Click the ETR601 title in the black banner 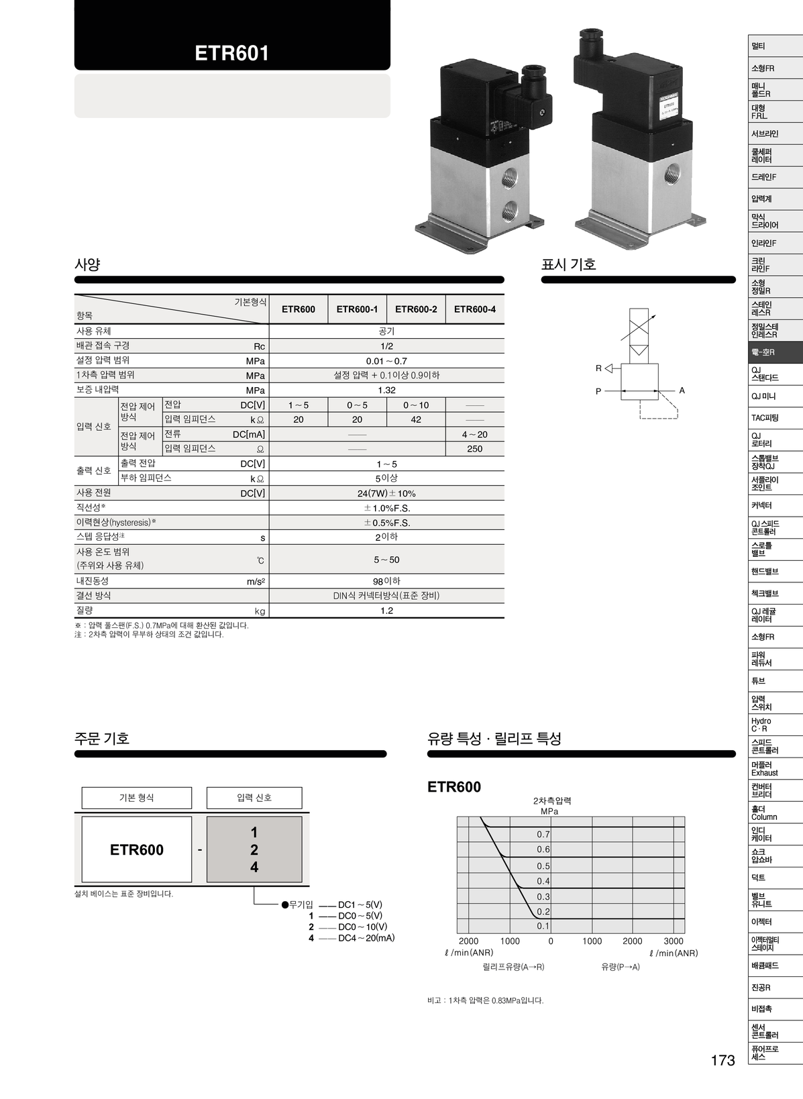point(231,53)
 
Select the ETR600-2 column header point(416,309)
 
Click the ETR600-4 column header point(474,309)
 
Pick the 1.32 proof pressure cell point(386,390)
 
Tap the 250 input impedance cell point(474,449)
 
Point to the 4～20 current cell point(474,434)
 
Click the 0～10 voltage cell point(416,405)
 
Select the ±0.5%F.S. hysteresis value point(386,523)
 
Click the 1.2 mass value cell point(386,611)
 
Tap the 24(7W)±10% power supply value point(386,493)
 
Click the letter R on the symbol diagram point(598,368)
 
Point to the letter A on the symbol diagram point(682,390)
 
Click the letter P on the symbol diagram point(598,391)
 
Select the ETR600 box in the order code point(137,849)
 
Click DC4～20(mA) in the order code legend point(366,938)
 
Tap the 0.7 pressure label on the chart point(543,835)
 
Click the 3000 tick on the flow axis point(674,941)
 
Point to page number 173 point(722,1060)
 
